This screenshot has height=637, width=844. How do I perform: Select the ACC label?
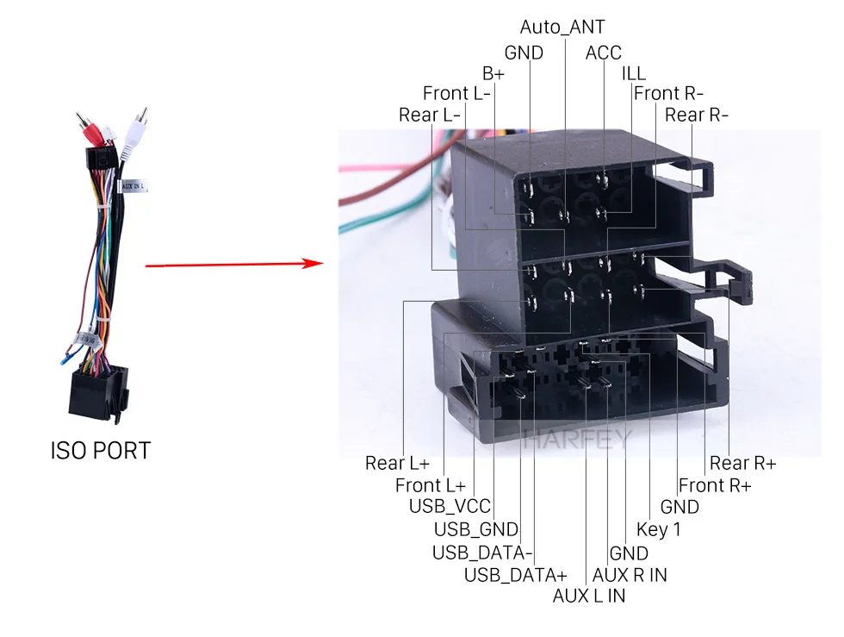coord(603,53)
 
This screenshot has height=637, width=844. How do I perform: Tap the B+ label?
coord(493,73)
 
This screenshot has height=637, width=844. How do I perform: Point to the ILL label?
coord(633,73)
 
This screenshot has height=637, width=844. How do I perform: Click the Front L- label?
coord(456,93)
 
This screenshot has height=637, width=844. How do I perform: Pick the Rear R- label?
coord(697,115)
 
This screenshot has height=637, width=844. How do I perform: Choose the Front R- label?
coord(668,93)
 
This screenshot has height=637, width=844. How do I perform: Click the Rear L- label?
coord(431,115)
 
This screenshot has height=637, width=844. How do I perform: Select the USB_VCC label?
coord(450,507)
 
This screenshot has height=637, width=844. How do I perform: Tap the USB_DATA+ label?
coord(516,574)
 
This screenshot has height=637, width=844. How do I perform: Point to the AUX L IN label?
coord(589,596)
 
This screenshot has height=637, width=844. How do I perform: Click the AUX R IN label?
coord(630,574)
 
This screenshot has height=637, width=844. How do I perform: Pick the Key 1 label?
coord(659,529)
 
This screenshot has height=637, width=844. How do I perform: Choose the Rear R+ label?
coord(742,464)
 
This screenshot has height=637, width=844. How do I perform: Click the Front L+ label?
coord(430,485)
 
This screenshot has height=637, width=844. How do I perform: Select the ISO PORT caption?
coord(100,450)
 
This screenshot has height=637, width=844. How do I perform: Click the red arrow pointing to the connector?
coord(233,265)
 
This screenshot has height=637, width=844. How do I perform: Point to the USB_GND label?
coord(475,529)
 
